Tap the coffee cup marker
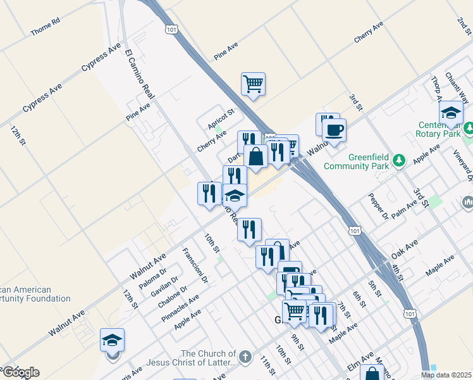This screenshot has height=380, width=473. (x=334, y=131)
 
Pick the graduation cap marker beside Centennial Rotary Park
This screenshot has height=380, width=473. (x=451, y=113)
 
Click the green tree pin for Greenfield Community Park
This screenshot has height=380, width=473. (x=398, y=158)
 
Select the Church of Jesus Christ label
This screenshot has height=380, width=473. (x=209, y=358)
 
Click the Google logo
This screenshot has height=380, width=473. (x=20, y=372)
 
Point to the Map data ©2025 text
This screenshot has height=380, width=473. (x=446, y=375)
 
